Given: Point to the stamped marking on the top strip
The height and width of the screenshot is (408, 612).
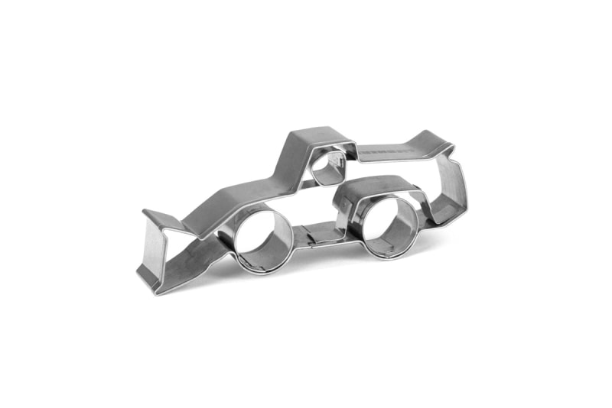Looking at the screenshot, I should [x=386, y=153].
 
